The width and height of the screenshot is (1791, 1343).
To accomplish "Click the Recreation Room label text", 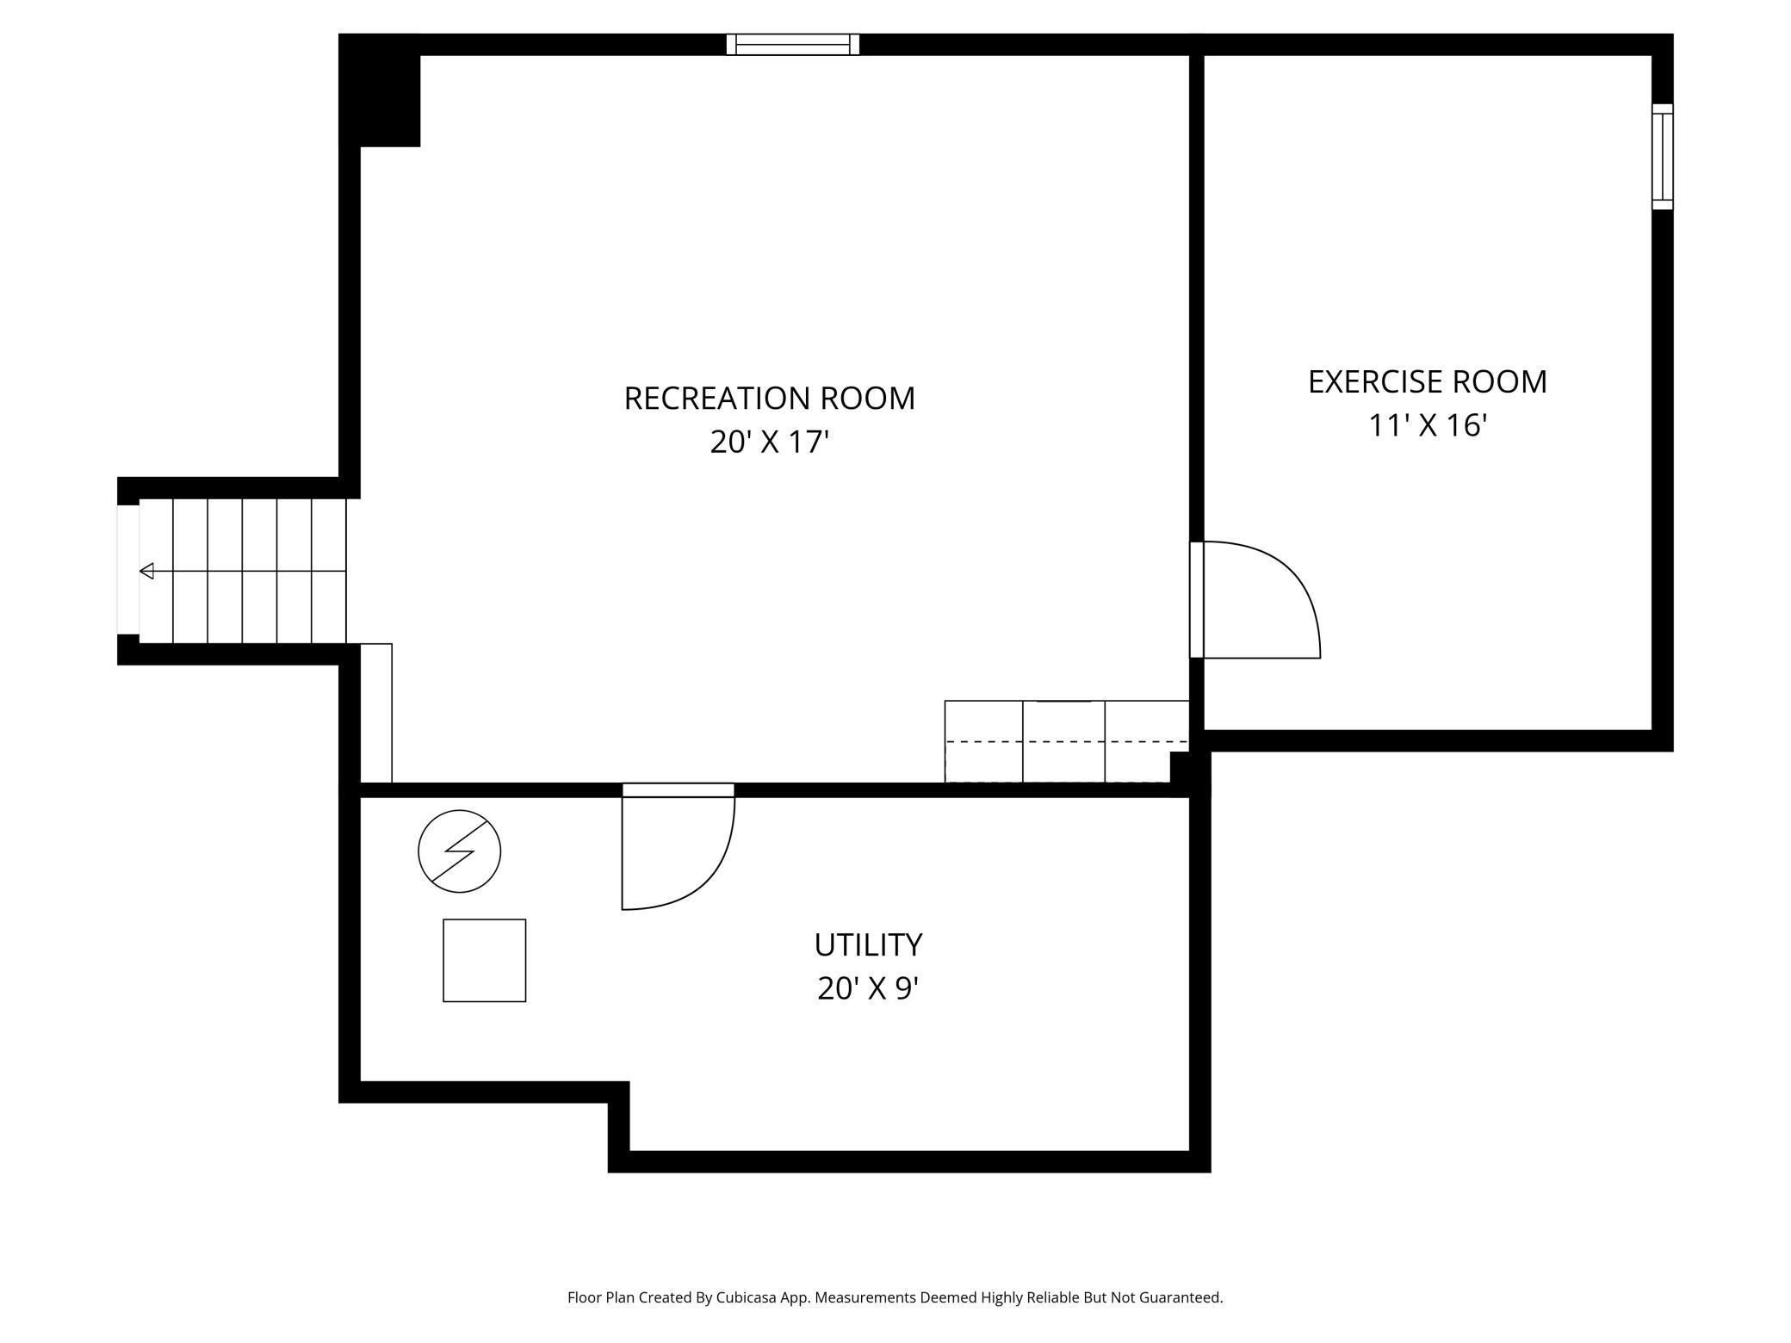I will coord(769,399).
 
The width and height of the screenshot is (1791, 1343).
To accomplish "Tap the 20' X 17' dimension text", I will coord(769,443).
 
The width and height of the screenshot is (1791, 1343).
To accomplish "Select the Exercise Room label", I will coord(1427,382).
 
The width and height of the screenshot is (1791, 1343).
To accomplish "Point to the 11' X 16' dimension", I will coord(1428,425).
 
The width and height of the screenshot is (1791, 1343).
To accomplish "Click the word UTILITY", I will coord(868,945).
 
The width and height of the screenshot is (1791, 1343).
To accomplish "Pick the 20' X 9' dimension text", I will coord(868,988).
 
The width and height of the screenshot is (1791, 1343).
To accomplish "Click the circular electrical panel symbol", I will coord(459,851).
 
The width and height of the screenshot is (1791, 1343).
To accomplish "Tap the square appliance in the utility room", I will coord(484,961).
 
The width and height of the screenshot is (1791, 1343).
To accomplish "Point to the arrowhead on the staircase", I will coord(147,571).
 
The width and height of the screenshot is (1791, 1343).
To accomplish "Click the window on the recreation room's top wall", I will coord(792,45).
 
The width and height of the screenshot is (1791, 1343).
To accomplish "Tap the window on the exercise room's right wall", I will coord(1662,157).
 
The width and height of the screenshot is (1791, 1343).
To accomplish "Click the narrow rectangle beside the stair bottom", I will coord(375,713).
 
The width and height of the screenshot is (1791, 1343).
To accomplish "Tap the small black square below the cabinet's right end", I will coord(1181,765).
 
